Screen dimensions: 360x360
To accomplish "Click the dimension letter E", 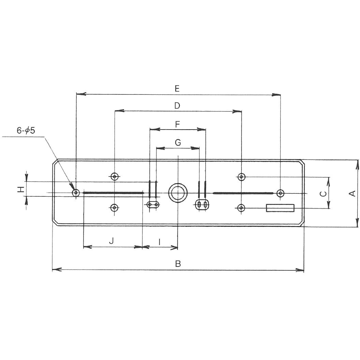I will point(177,89).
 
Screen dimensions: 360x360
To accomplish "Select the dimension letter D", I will point(177,106).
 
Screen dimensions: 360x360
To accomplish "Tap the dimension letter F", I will point(177,124).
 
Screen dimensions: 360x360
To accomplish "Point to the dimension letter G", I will point(178,142).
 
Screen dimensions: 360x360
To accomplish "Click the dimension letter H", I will point(21,189).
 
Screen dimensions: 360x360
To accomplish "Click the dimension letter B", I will point(177,264).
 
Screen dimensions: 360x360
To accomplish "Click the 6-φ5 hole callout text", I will point(26,131).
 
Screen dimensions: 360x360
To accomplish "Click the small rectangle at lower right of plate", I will point(280,208).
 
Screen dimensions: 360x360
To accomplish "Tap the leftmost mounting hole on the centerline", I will point(76,193).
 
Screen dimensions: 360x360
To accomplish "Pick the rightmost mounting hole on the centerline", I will point(280,193).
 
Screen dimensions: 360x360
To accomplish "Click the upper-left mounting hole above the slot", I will point(115,176).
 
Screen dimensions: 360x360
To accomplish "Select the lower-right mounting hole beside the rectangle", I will point(241,208).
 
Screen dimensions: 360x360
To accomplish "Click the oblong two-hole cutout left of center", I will point(152,205).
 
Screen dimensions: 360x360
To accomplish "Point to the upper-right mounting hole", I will point(241,177).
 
